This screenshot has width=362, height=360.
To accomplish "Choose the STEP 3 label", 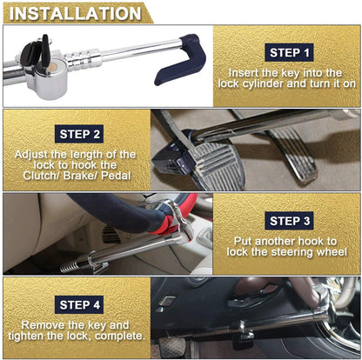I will (285, 221).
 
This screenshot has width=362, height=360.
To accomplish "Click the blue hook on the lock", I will (179, 60).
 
